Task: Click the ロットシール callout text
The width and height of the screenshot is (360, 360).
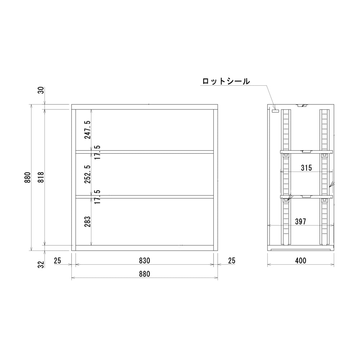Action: pyautogui.click(x=226, y=81)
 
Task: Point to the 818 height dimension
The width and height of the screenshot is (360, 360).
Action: pyautogui.click(x=41, y=177)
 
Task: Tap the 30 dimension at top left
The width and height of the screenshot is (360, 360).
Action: pyautogui.click(x=41, y=90)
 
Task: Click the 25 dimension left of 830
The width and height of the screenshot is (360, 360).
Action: pyautogui.click(x=58, y=260)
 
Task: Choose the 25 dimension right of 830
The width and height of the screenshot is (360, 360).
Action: pyautogui.click(x=231, y=260)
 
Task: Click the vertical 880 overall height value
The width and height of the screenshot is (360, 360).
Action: pyautogui.click(x=28, y=177)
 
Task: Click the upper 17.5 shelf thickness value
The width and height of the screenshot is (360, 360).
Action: pyautogui.click(x=97, y=152)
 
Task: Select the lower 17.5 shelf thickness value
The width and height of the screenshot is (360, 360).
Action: pyautogui.click(x=97, y=197)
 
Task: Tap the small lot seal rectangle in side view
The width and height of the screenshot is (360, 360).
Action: pyautogui.click(x=275, y=111)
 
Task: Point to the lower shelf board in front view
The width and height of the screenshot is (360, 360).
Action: pyautogui.click(x=144, y=197)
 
